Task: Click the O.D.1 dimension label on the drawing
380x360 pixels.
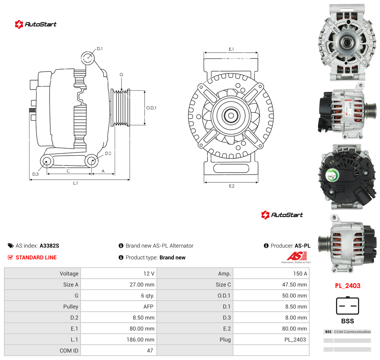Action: click(151, 108)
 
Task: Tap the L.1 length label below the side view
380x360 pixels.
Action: click(75, 183)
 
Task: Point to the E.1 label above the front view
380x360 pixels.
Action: click(231, 49)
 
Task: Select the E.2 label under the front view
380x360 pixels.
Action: click(232, 186)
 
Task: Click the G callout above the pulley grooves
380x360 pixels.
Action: click(121, 75)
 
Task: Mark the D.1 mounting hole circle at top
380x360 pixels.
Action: click(88, 58)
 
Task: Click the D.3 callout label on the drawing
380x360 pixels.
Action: click(35, 174)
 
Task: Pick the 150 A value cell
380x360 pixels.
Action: click(300, 274)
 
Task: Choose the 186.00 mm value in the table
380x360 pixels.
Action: click(140, 340)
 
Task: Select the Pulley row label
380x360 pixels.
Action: click(70, 307)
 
